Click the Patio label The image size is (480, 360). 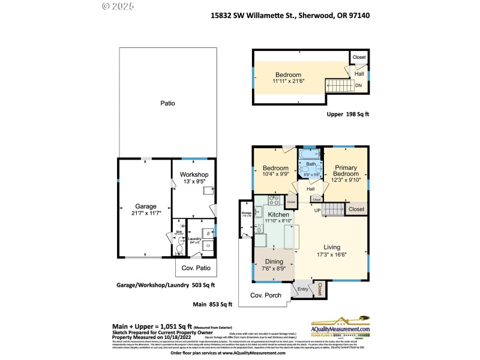click(167, 103)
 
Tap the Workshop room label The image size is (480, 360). click(194, 175)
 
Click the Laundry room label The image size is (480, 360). click(194, 239)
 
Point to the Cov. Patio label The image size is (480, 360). click(196, 268)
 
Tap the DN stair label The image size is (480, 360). click(358, 86)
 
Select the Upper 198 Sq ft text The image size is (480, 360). click(348, 114)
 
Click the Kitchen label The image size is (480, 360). click(278, 214)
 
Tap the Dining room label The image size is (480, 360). click(274, 262)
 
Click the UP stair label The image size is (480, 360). click(317, 210)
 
